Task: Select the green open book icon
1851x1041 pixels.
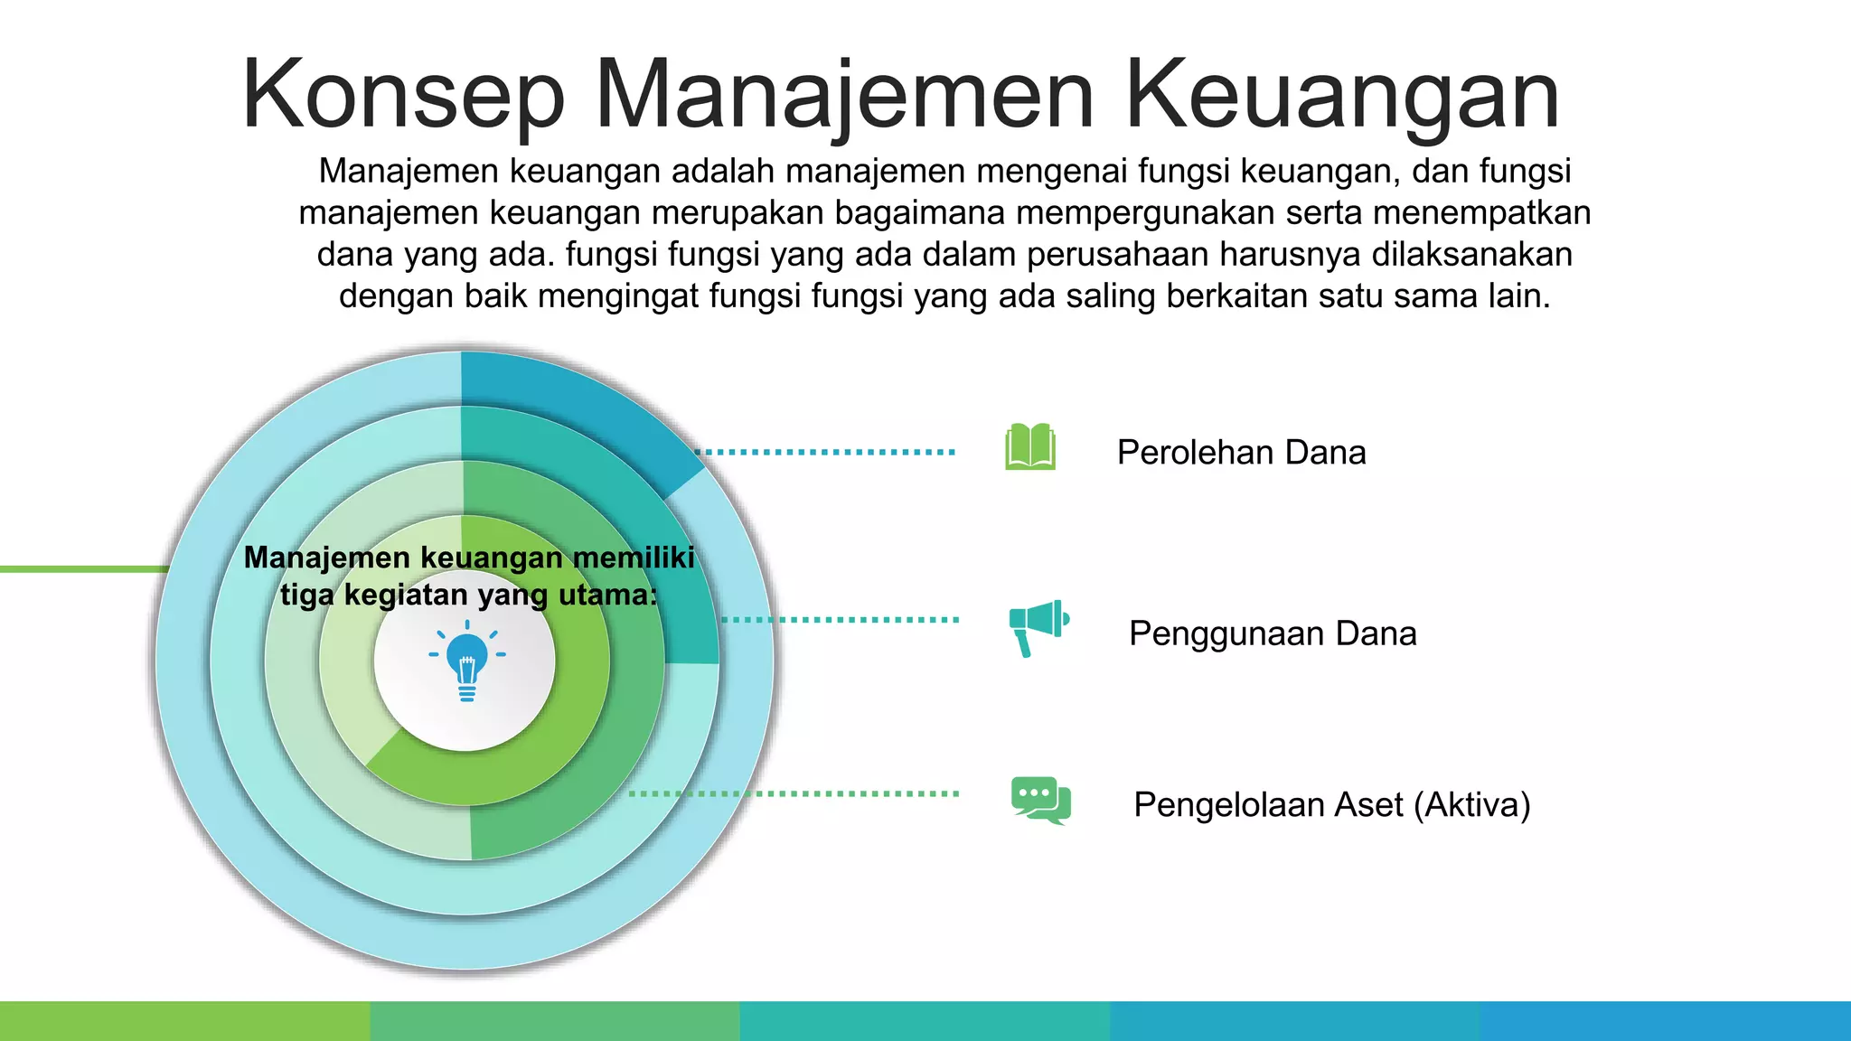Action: click(1030, 447)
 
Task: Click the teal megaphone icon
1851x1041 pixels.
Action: click(1038, 626)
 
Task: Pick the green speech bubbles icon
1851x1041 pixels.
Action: click(1040, 800)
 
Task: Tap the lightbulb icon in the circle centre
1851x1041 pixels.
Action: click(466, 663)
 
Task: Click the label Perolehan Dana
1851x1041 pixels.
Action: click(1241, 453)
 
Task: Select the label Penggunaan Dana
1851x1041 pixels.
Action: click(1272, 633)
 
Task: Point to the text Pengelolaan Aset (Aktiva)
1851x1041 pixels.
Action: click(1331, 805)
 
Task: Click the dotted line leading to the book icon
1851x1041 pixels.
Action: click(827, 452)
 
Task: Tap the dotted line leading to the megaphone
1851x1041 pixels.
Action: click(841, 620)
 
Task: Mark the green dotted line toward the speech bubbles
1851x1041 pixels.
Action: click(795, 793)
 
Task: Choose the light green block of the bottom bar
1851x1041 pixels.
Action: click(184, 1021)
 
